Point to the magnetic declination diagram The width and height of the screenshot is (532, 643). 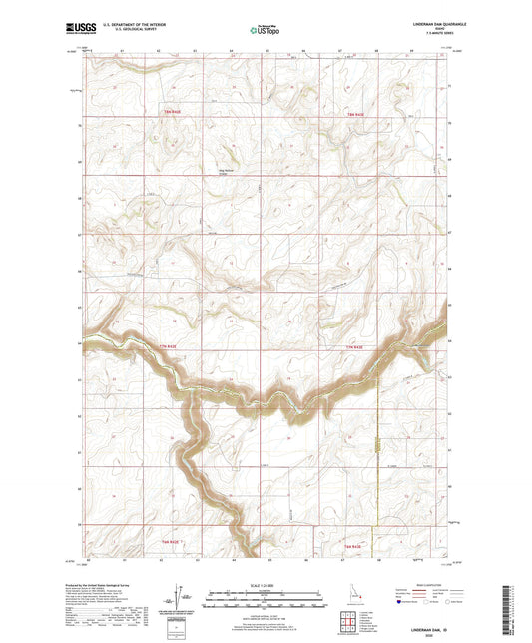click(x=182, y=594)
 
